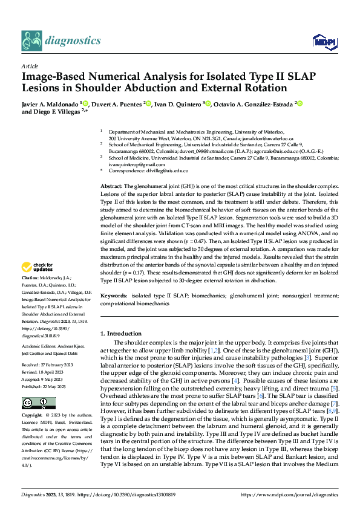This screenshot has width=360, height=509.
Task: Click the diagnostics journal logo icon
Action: pos(31,41)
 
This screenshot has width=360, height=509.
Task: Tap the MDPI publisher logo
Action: pos(322,41)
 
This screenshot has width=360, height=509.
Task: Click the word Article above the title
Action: pos(29,66)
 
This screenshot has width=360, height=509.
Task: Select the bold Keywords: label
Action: pos(114,295)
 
